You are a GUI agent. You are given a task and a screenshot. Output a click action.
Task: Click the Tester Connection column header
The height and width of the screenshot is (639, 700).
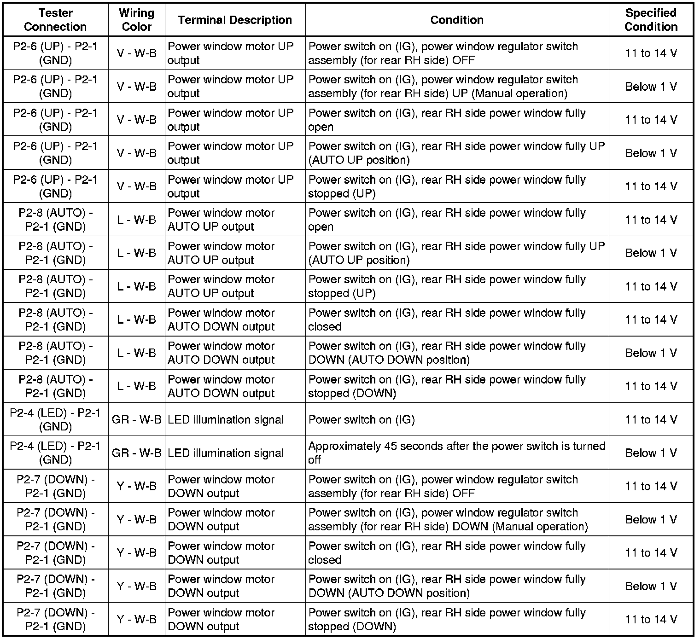click(55, 20)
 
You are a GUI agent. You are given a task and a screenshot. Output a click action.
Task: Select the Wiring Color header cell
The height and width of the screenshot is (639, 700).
click(136, 20)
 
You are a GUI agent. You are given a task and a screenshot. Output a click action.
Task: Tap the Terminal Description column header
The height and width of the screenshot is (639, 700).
click(235, 20)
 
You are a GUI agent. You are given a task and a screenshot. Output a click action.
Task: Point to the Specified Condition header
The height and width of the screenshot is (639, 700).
click(651, 20)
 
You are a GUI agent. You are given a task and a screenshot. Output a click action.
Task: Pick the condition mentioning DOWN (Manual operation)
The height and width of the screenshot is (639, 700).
click(448, 520)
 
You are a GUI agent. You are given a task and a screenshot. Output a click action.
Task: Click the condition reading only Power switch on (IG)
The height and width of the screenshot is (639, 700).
click(362, 420)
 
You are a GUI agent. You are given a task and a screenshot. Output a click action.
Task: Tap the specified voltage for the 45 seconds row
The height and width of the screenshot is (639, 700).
click(651, 453)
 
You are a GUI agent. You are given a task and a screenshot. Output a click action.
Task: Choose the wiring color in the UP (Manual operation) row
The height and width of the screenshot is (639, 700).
click(136, 87)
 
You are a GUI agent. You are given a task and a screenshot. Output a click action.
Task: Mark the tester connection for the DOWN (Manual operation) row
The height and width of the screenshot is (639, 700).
click(55, 520)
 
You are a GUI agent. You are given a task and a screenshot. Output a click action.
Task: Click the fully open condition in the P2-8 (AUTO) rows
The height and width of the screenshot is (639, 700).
click(447, 220)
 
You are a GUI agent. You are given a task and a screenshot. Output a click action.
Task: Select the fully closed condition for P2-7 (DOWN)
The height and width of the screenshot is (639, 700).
click(447, 553)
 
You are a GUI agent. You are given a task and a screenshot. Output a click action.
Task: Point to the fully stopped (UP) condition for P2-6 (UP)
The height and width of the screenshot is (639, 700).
click(447, 186)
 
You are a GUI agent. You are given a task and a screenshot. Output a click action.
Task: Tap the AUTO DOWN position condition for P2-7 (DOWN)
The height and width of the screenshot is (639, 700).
click(447, 586)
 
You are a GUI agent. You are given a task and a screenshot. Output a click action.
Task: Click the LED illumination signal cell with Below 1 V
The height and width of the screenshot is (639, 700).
click(226, 453)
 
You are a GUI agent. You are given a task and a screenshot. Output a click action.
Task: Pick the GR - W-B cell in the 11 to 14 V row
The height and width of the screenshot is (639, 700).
click(136, 420)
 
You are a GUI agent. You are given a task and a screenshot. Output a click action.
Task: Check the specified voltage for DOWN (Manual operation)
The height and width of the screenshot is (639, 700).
click(651, 520)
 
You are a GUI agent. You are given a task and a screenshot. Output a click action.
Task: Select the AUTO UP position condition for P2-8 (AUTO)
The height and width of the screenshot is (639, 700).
click(456, 253)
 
